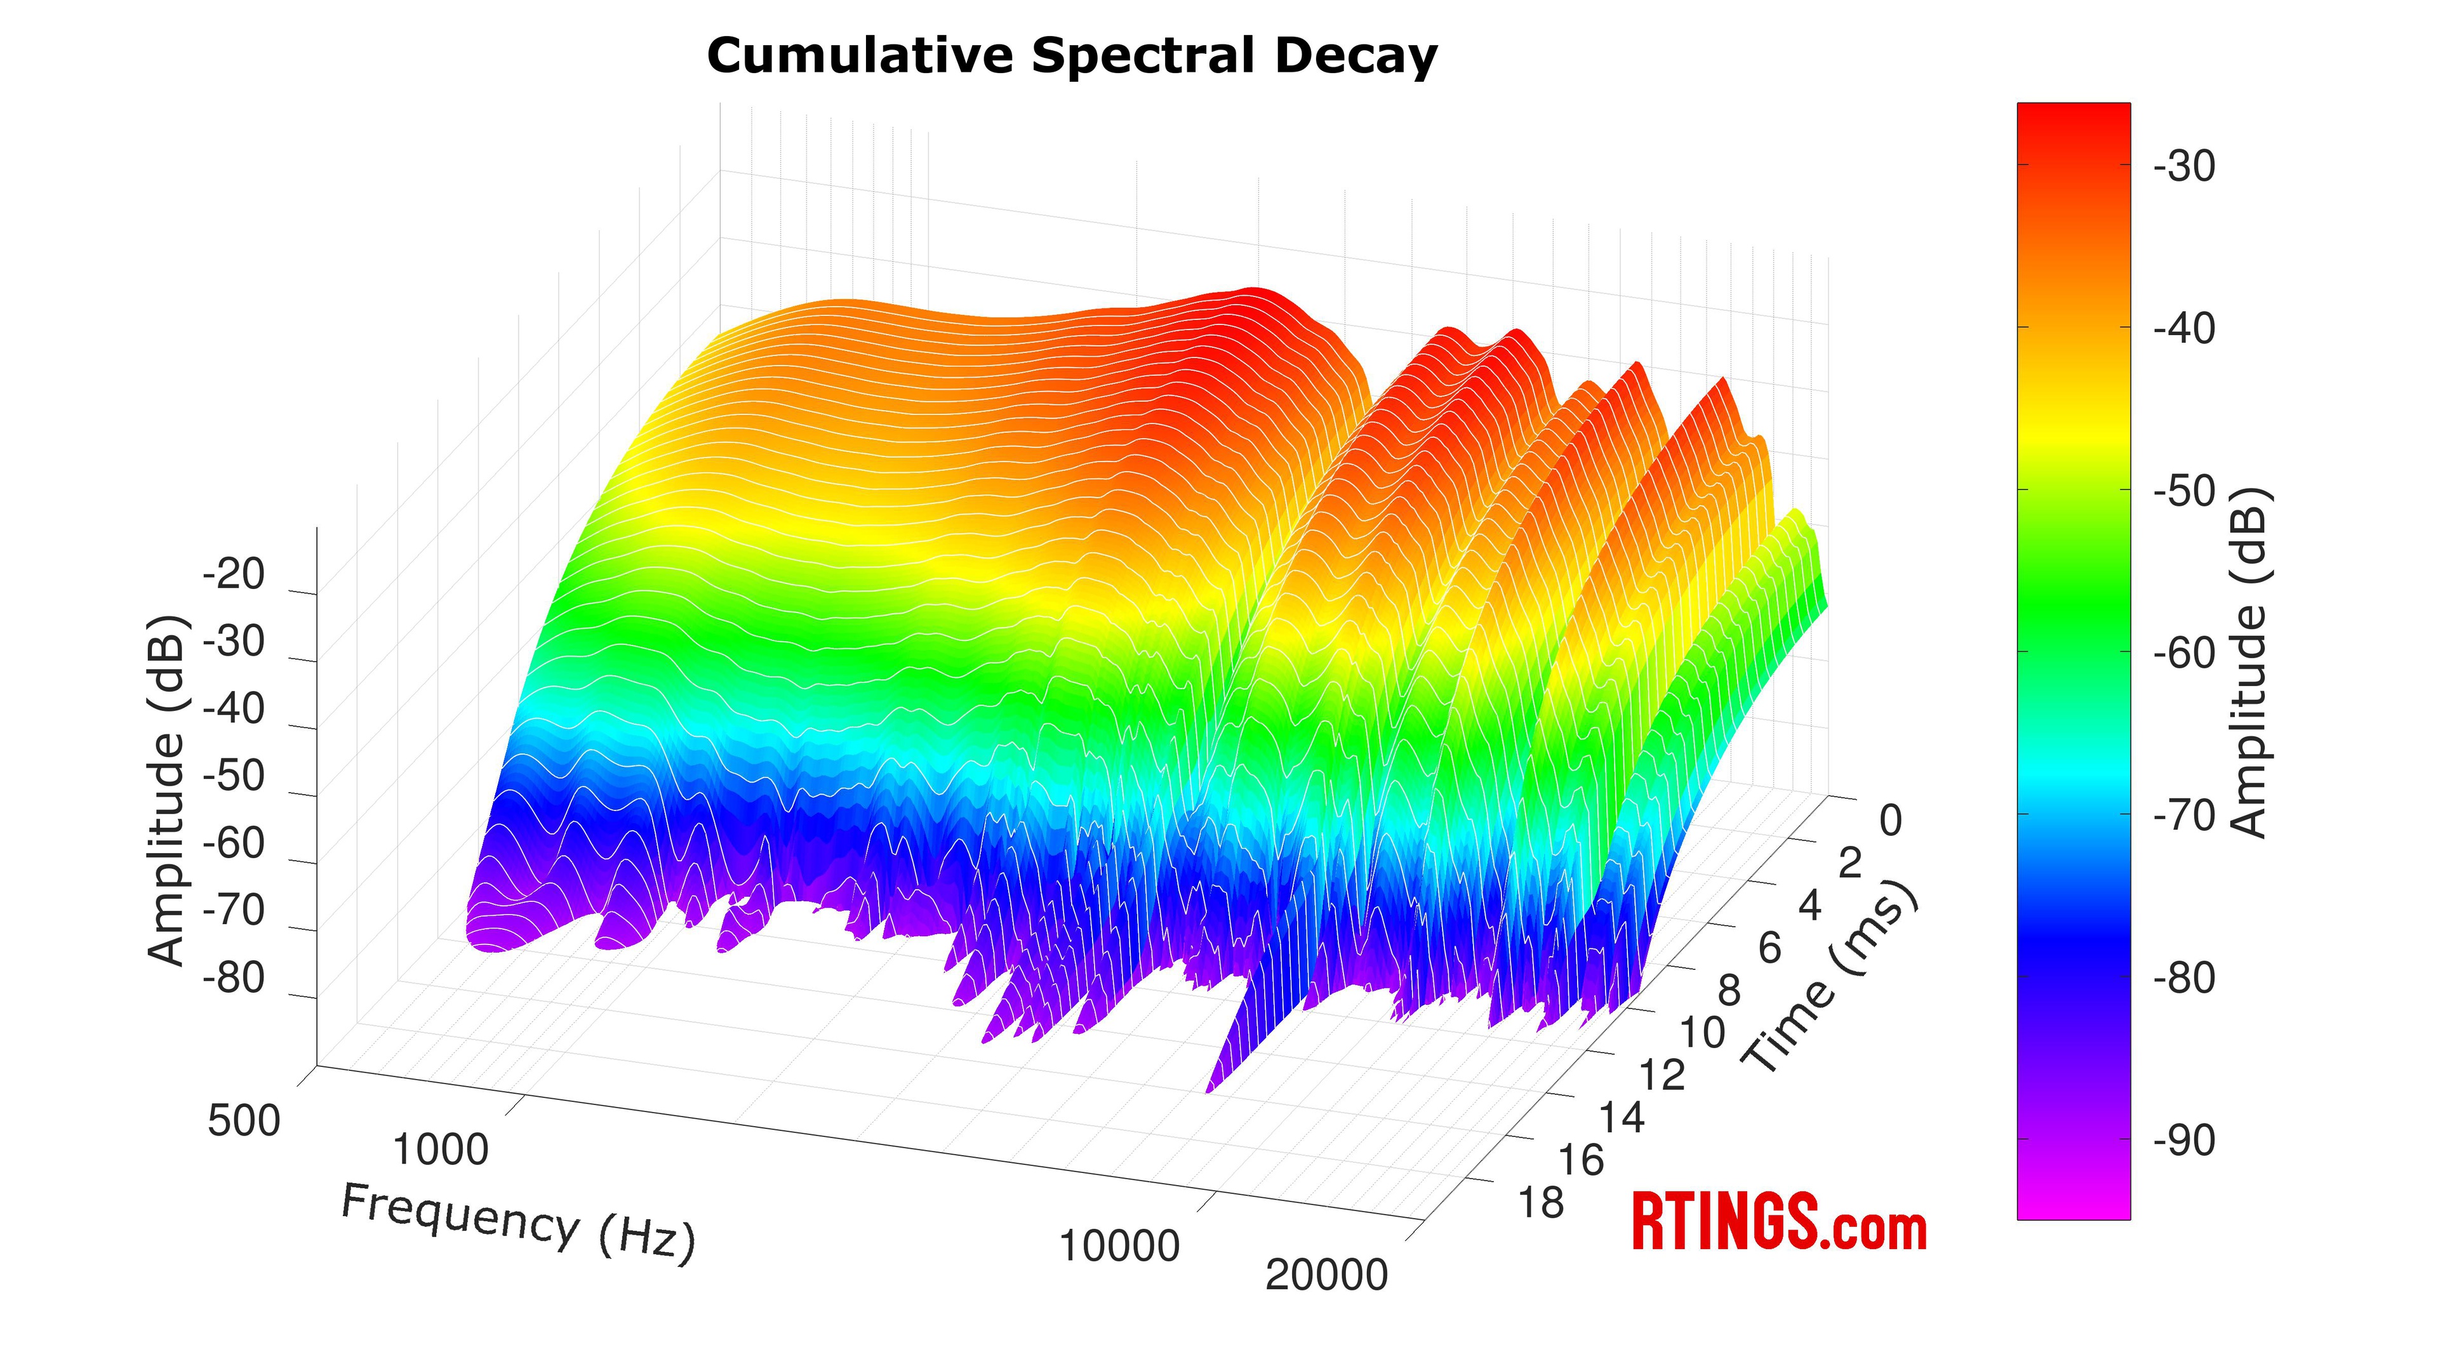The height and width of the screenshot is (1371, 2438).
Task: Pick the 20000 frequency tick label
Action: click(1326, 1275)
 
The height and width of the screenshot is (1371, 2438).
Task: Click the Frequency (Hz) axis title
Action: click(517, 1222)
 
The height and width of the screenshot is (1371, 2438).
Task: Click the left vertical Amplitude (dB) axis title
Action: click(168, 791)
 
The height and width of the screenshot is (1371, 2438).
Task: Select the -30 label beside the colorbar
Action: click(2184, 166)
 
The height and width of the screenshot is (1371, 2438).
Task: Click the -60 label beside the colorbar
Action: click(2184, 654)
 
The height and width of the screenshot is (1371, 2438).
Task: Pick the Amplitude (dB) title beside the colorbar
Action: click(2249, 662)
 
